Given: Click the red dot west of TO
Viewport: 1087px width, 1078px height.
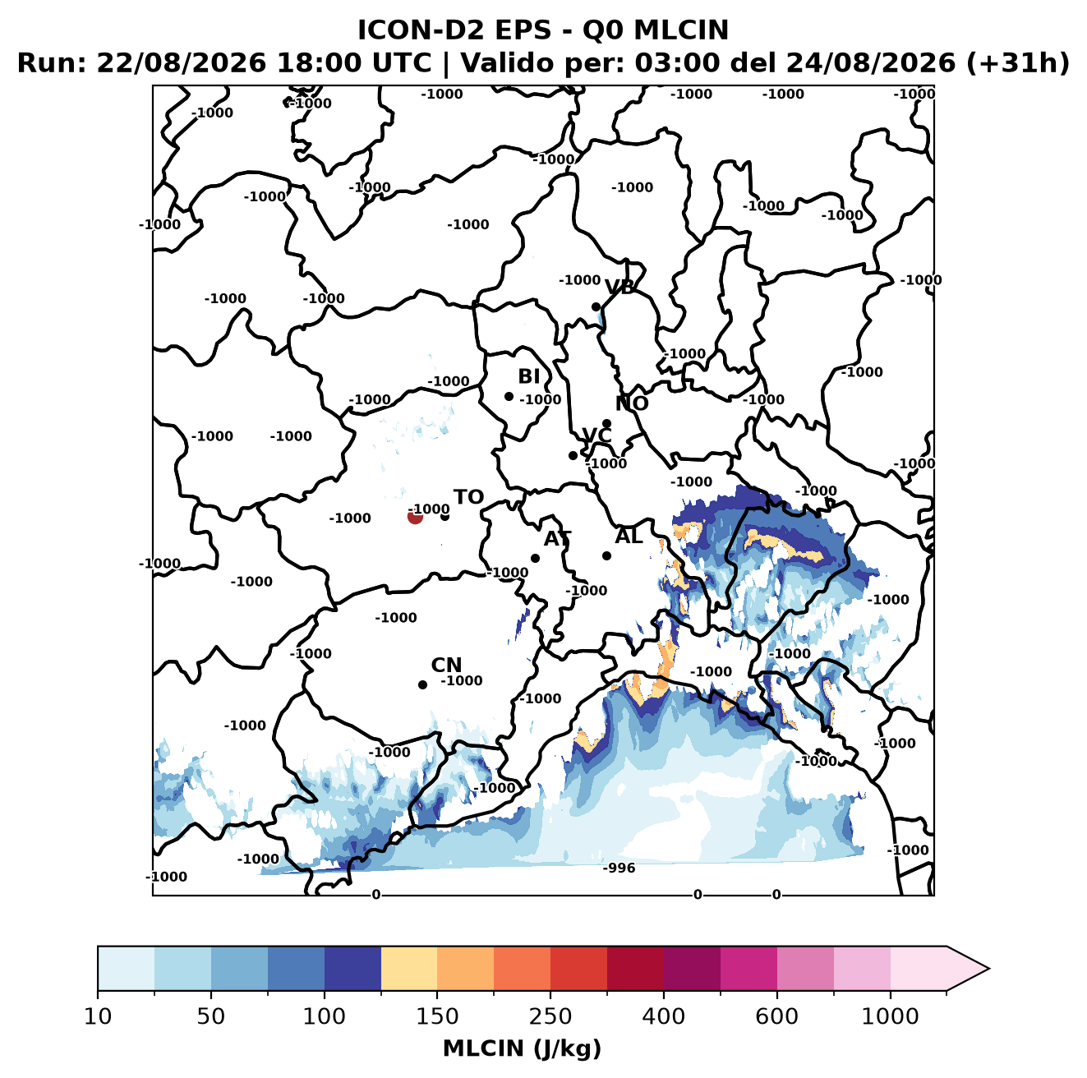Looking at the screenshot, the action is click(x=415, y=516).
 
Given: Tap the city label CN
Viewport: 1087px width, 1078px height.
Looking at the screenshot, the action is click(x=446, y=665).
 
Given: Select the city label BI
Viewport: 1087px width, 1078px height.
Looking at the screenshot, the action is click(x=528, y=376).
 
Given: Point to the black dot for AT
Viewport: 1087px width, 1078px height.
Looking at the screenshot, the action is click(x=535, y=558).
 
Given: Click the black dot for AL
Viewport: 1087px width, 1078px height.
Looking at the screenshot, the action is click(x=606, y=555).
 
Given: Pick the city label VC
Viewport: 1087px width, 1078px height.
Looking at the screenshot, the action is click(x=596, y=435).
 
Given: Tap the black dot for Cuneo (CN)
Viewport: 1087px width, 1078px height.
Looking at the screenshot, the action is click(x=422, y=684).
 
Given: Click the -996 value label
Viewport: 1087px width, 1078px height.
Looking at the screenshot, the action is click(x=619, y=868).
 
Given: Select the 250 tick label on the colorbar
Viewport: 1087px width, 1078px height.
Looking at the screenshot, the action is click(x=550, y=1017).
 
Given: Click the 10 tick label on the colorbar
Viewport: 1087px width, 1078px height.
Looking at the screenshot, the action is click(x=98, y=1017).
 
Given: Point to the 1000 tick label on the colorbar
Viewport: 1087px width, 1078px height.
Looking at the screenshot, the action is click(x=890, y=1017).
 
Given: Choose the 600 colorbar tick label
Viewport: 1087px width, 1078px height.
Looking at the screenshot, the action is click(x=776, y=1017).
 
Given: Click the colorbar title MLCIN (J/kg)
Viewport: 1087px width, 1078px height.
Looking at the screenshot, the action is click(x=522, y=1049).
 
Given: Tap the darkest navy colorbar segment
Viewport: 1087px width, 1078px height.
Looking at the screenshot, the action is click(x=352, y=969).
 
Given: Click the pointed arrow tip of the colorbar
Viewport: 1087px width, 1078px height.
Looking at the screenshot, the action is click(x=989, y=969).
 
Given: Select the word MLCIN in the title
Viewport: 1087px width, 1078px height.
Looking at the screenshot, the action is click(x=681, y=30).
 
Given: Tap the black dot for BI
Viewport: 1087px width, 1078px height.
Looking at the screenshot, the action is click(x=509, y=397).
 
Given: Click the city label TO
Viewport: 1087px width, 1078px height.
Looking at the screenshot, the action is click(x=469, y=497).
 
